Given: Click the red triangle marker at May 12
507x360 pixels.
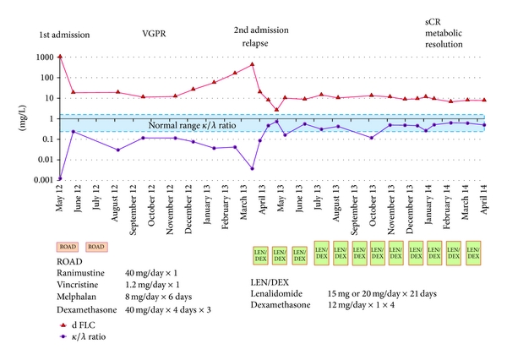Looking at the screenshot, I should coord(60,56).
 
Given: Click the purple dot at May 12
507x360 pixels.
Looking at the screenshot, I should coord(60,178).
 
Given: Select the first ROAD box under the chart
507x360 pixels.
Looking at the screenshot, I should coord(68,247).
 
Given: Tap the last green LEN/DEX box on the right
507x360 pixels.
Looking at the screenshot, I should coord(474,252).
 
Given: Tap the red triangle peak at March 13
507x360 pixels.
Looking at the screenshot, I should coord(253,63).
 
